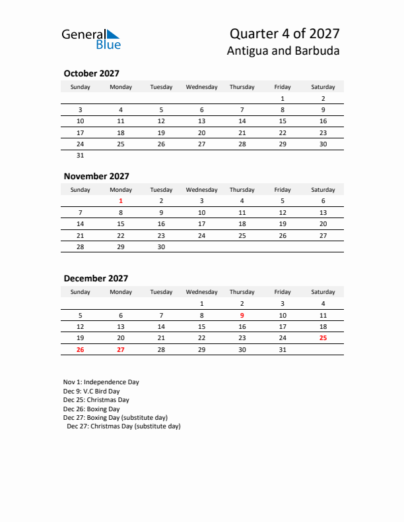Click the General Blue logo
click(91, 39)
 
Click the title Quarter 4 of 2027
click(285, 34)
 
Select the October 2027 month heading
click(91, 73)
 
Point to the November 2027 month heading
click(96, 176)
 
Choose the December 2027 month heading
click(96, 278)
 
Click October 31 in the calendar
click(81, 156)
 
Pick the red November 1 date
click(121, 201)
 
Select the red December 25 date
click(323, 338)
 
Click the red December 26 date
click(81, 350)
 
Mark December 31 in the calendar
click(283, 350)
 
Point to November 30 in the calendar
click(161, 247)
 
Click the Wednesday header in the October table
click(201, 87)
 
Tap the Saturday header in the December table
click(323, 292)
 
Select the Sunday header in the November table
click(81, 190)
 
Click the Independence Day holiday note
click(101, 382)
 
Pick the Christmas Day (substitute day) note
click(123, 426)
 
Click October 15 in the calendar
click(283, 121)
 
